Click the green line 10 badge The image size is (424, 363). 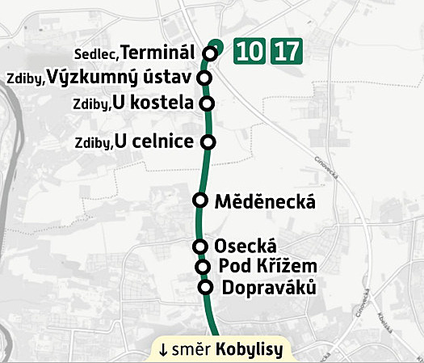[x=250, y=52]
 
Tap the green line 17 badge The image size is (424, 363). [x=287, y=52]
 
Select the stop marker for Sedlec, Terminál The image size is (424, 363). [x=211, y=53]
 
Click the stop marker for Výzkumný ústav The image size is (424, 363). [x=204, y=78]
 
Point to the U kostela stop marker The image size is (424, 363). [x=207, y=103]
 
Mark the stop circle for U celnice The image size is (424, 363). [x=208, y=142]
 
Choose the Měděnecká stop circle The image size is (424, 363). [x=201, y=200]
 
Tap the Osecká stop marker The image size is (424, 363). [x=200, y=247]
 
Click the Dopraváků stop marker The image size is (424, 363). [x=205, y=288]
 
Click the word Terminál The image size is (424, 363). [x=158, y=53]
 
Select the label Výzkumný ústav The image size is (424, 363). [x=117, y=78]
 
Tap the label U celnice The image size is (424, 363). [x=154, y=142]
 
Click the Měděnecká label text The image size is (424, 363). [x=265, y=202]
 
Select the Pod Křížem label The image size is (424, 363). [x=267, y=267]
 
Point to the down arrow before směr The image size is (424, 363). [x=163, y=350]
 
